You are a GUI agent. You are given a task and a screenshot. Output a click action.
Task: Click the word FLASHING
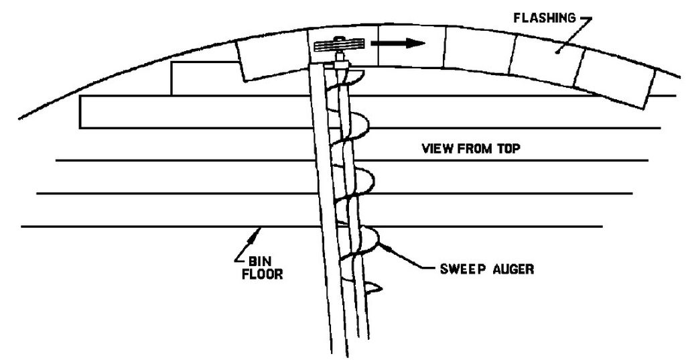(x=544, y=18)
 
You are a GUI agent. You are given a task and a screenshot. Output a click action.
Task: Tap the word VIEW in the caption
(x=436, y=148)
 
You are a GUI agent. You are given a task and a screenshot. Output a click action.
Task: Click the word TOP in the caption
(x=508, y=148)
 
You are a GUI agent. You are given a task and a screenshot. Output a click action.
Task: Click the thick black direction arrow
(x=398, y=44)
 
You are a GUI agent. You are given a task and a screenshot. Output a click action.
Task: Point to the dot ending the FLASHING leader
(x=558, y=51)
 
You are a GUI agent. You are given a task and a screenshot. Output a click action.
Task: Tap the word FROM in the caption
(x=473, y=148)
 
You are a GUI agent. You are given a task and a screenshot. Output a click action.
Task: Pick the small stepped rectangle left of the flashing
(x=206, y=78)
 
